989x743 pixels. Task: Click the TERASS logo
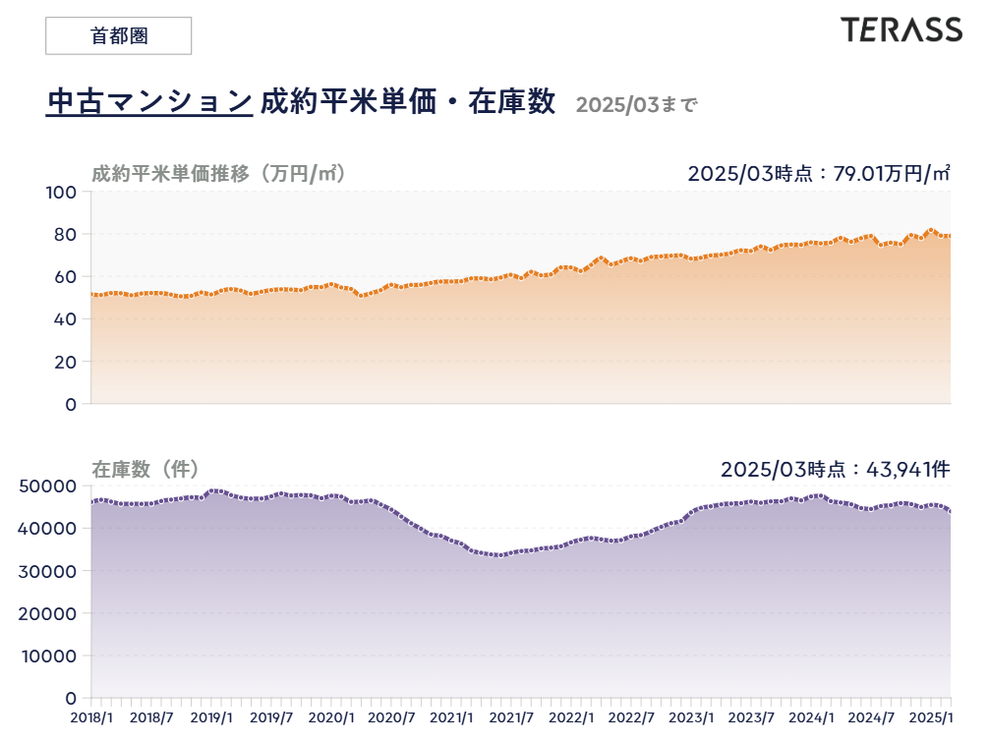click(901, 30)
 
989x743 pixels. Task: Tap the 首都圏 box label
click(118, 35)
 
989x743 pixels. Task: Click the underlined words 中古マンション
click(149, 101)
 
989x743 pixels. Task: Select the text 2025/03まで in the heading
click(635, 104)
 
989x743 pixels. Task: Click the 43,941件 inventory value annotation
click(906, 469)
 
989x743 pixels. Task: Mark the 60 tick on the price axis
click(65, 276)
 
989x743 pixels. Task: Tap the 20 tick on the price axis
click(65, 362)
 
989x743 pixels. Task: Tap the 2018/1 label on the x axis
click(91, 717)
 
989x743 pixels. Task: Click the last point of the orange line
click(950, 236)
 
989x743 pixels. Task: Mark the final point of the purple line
click(950, 511)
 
